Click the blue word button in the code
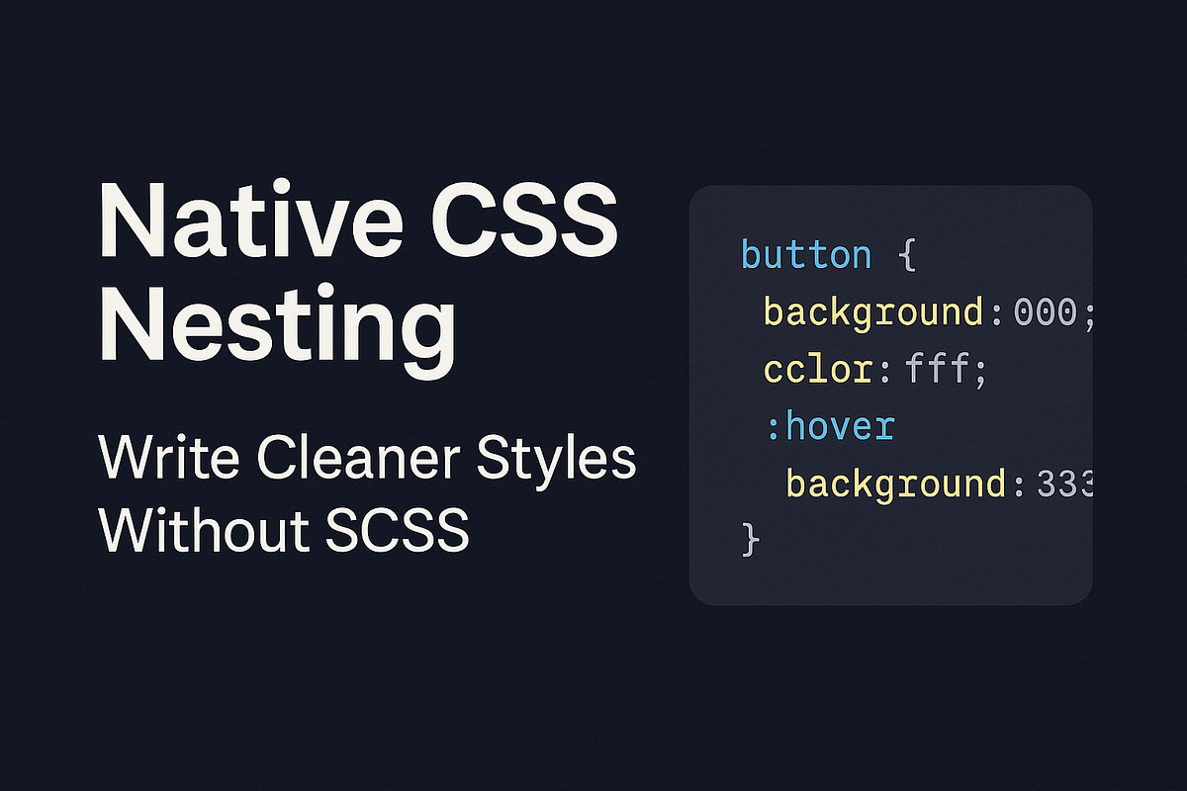coord(806,255)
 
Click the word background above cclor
coord(873,313)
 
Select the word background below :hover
coord(896,484)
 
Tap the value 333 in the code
coord(1064,484)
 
